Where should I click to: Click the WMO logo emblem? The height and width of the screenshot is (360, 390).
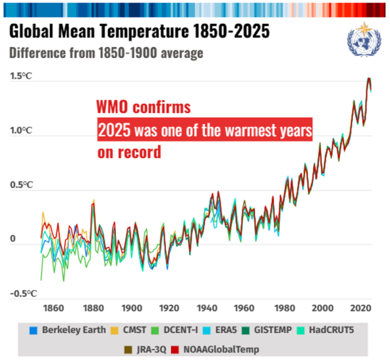(362, 40)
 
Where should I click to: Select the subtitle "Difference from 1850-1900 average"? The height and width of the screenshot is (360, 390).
(107, 54)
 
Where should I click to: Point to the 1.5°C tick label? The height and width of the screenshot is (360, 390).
(21, 76)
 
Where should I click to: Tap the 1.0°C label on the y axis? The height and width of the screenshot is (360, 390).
(21, 131)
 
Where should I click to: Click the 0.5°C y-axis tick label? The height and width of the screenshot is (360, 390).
(21, 185)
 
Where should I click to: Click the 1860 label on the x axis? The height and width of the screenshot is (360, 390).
(55, 308)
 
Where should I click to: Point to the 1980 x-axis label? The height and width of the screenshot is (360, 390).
(283, 308)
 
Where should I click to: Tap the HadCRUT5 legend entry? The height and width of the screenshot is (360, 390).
(327, 330)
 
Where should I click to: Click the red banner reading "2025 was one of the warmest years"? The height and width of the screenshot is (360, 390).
(205, 130)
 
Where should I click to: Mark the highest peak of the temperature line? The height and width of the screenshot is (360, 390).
(369, 78)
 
